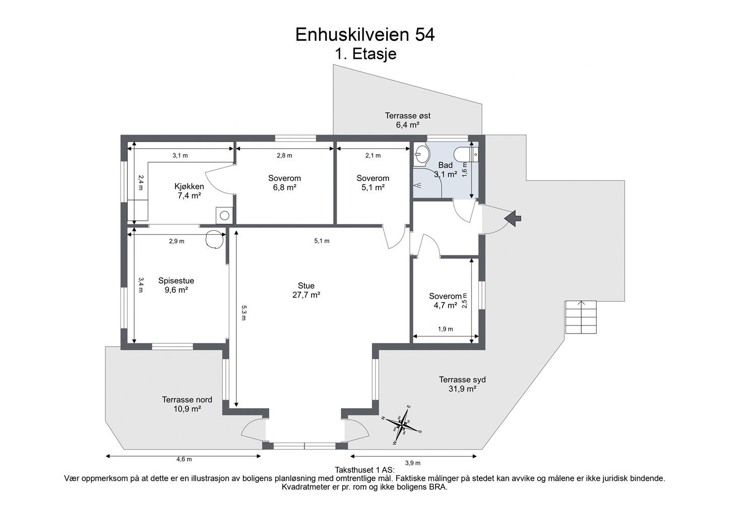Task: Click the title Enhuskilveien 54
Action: pyautogui.click(x=364, y=35)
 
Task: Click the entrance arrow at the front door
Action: pyautogui.click(x=513, y=218)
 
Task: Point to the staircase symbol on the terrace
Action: pyautogui.click(x=581, y=317)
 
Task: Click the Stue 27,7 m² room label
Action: pyautogui.click(x=306, y=290)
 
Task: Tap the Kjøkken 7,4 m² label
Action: pyautogui.click(x=189, y=191)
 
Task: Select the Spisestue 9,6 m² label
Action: pyautogui.click(x=176, y=285)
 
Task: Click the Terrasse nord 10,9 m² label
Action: pyautogui.click(x=187, y=404)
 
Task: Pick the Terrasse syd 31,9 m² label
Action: pyautogui.click(x=462, y=384)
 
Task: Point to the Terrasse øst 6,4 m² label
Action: pyautogui.click(x=407, y=120)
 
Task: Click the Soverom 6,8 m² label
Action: pyautogui.click(x=284, y=182)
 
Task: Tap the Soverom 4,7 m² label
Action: pyautogui.click(x=445, y=300)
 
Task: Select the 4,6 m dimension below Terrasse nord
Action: pyautogui.click(x=184, y=459)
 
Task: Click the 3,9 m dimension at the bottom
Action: pyautogui.click(x=412, y=463)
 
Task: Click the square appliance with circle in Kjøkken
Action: pyautogui.click(x=224, y=215)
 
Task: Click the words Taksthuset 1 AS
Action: pyautogui.click(x=364, y=470)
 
